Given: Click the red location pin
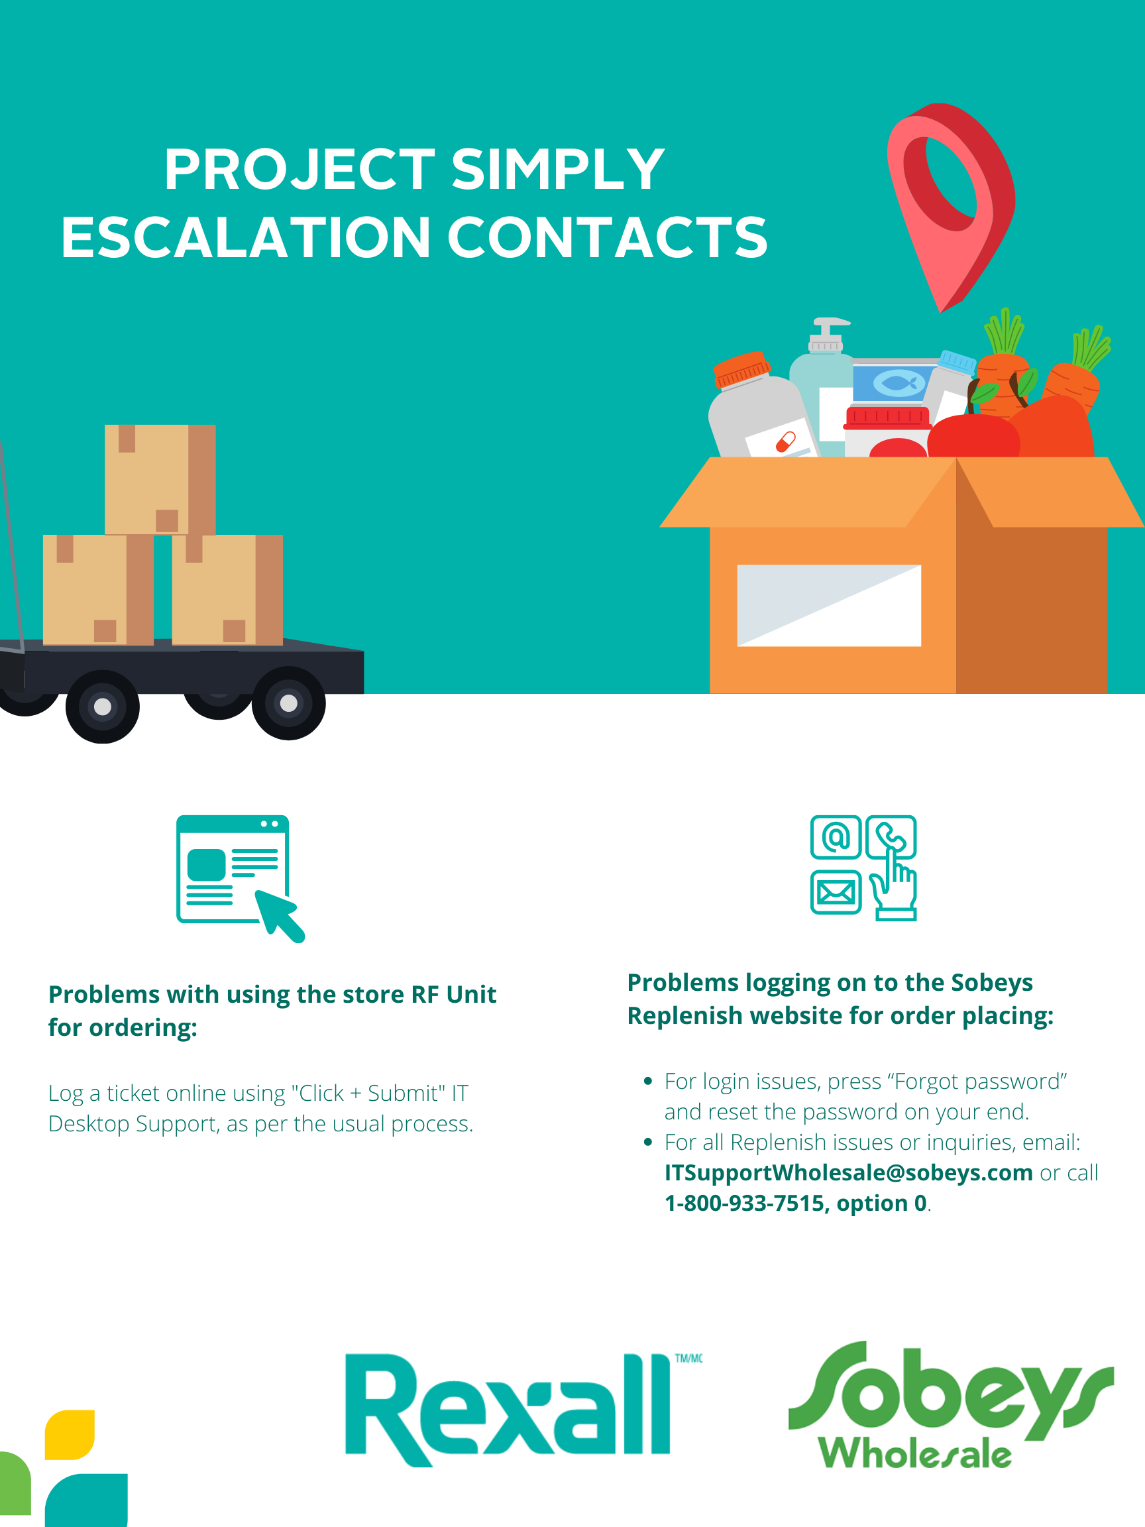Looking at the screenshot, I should pos(949,200).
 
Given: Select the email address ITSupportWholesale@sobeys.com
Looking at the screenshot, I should pos(848,1173).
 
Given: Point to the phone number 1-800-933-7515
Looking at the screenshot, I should pos(745,1203).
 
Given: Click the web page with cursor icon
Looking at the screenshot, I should pos(235,874).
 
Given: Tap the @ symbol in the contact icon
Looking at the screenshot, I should pos(835,837).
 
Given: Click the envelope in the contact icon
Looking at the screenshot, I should pos(835,893).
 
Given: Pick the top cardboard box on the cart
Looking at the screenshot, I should pos(160,479).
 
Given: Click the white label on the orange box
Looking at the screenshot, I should pos(829,605).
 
